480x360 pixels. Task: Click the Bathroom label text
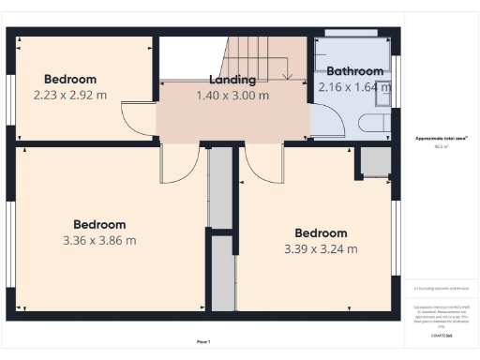(x=354, y=71)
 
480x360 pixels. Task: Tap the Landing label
(x=232, y=81)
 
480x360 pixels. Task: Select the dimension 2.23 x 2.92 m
(x=70, y=95)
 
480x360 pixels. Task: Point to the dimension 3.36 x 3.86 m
(x=99, y=240)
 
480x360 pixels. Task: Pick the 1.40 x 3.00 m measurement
(x=232, y=96)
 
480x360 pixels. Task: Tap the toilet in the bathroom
(x=374, y=125)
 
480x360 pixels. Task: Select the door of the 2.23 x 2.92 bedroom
(x=135, y=116)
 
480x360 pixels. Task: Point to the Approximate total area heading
(x=441, y=137)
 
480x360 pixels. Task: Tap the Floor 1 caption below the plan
(x=203, y=341)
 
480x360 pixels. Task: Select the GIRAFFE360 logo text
(x=442, y=334)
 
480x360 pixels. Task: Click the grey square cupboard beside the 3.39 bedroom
(x=373, y=161)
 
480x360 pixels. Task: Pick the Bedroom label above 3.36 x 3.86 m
(x=99, y=225)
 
